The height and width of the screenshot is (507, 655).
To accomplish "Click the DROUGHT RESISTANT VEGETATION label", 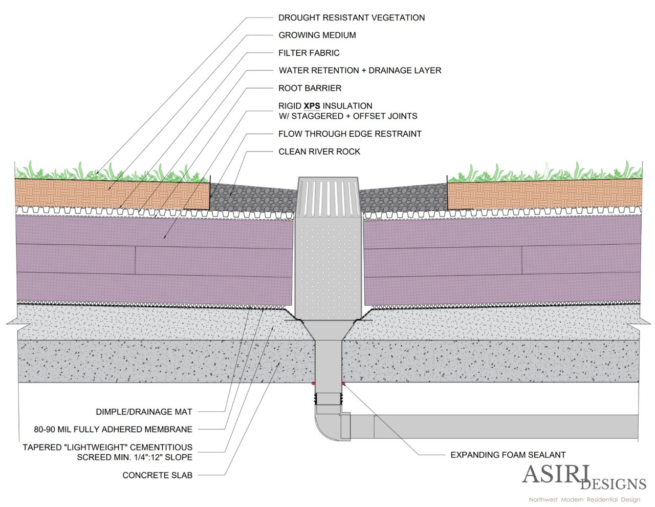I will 351,17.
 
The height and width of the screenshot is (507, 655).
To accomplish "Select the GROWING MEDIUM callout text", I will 317,35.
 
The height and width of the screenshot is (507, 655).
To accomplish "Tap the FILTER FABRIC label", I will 309,53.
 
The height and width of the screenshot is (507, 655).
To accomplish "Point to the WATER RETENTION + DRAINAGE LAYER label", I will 360,71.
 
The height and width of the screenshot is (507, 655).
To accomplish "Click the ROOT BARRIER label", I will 310,88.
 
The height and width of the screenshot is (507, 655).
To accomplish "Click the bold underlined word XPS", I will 312,106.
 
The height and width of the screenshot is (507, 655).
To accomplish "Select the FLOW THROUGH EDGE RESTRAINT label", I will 350,134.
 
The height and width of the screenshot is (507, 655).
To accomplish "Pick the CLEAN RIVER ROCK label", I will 319,152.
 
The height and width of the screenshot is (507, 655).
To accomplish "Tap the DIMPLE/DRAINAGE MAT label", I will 144,412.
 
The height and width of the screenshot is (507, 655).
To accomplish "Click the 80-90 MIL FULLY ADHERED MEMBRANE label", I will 113,430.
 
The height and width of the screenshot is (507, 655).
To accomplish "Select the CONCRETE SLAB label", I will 157,475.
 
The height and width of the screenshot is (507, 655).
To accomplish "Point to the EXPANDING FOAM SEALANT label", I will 508,455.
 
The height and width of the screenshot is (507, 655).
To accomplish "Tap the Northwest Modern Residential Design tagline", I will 584,499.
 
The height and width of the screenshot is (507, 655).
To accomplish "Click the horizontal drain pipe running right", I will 491,426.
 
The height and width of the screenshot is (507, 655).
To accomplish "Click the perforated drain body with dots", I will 329,266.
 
